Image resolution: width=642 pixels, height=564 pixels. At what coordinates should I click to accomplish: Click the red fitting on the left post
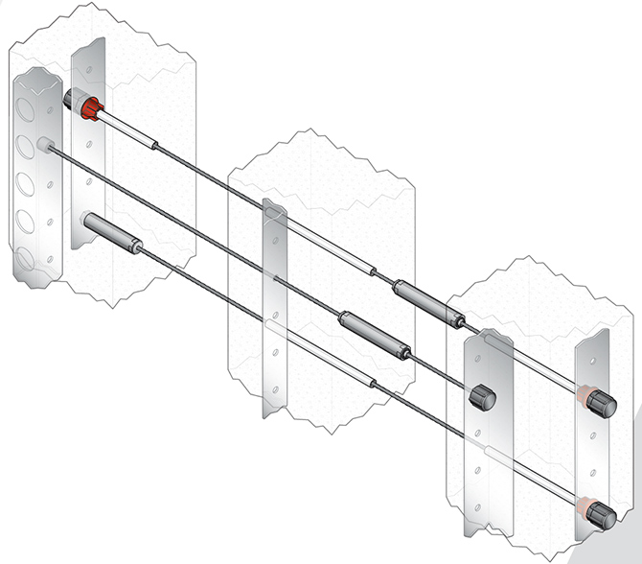tap(92, 107)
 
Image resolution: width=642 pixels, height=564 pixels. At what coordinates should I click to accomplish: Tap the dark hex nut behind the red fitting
tap(73, 99)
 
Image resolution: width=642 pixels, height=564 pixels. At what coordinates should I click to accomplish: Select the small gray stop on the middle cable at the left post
tap(44, 144)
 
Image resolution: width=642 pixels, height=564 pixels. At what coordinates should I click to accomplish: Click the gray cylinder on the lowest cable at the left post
tap(110, 234)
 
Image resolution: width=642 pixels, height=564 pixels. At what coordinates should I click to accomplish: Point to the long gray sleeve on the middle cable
tap(375, 335)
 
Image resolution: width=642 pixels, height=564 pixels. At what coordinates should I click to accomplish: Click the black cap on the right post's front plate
tap(480, 395)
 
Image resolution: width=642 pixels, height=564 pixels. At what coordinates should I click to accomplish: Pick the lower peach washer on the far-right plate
tap(584, 503)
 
